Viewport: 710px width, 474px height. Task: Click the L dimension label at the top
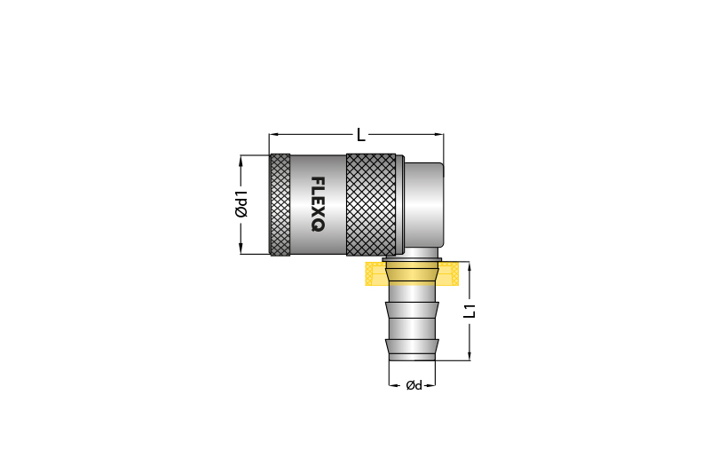(360, 135)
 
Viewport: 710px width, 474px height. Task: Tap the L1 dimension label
(470, 311)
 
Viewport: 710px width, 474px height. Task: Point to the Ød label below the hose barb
(413, 385)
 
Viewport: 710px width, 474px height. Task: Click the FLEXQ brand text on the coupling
(318, 204)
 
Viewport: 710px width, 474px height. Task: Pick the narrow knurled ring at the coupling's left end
(280, 204)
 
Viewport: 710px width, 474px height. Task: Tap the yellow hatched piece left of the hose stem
(376, 273)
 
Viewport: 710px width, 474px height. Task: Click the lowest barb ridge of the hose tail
(412, 346)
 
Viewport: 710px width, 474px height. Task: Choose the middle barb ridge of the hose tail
(412, 311)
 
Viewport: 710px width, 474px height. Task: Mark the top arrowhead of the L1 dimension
(470, 265)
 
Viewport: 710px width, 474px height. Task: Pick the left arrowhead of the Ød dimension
(391, 385)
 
